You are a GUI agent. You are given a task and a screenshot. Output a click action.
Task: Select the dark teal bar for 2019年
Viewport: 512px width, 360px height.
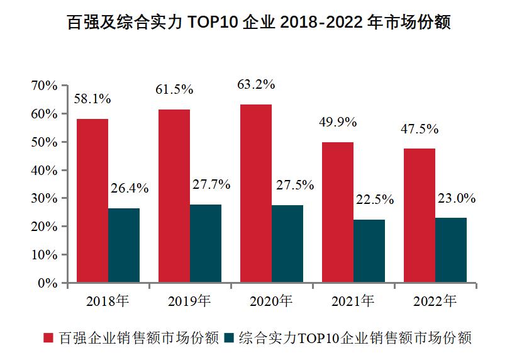coord(206,243)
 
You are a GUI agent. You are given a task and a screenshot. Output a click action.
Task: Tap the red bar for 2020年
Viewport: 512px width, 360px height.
coord(255,193)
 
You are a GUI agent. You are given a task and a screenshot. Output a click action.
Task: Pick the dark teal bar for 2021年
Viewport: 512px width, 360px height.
coord(369,250)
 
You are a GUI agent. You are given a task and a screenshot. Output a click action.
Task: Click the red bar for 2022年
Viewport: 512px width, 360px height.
coord(419,215)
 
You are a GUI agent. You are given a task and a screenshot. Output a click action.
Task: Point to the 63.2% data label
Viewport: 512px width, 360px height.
coord(256,84)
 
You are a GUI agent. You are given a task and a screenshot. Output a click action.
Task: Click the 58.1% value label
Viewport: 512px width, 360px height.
coord(92,99)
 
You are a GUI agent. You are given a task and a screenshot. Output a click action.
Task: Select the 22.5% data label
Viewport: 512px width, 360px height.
coord(375,200)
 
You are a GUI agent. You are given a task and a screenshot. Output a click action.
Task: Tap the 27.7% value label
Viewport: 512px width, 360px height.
coord(211,184)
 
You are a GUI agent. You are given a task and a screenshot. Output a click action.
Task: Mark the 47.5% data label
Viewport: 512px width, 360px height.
coord(420,129)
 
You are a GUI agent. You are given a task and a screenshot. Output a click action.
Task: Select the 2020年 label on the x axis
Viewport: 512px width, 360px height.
coord(271,301)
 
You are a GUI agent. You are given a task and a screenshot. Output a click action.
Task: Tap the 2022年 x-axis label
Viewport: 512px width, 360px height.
coord(435,301)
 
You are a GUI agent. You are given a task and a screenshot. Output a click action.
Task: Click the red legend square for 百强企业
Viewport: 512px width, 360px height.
coord(48,338)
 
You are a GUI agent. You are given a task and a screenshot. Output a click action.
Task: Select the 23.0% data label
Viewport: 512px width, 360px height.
coord(457,198)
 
